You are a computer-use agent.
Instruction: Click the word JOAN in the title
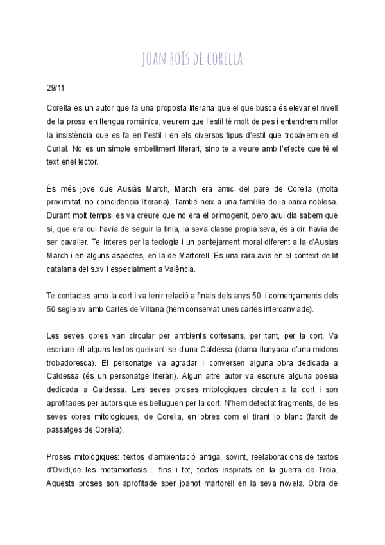tap(154, 60)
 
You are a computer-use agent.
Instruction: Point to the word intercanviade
tap(284, 309)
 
